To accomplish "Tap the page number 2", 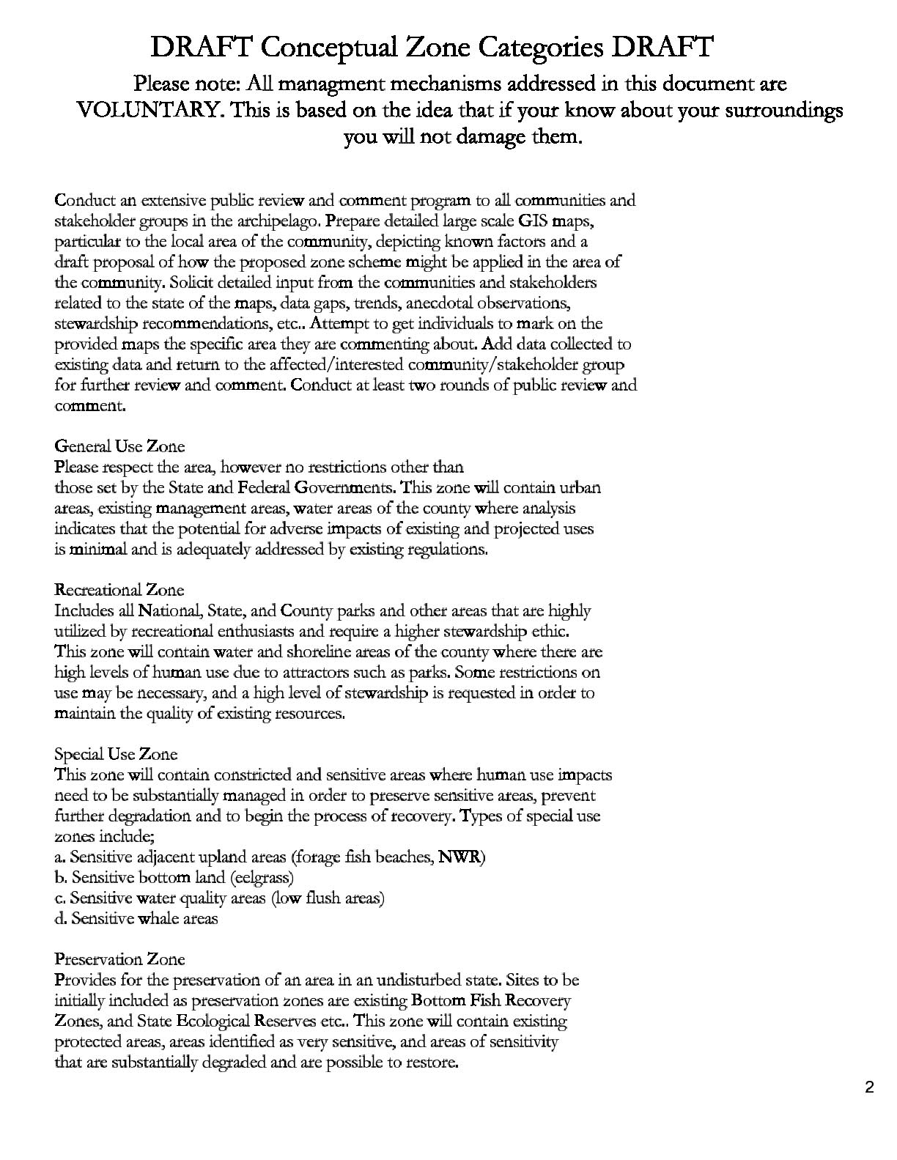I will (x=869, y=1087).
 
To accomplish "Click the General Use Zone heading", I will (x=120, y=446).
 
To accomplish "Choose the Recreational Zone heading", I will (x=119, y=590).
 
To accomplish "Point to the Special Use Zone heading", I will (x=117, y=754).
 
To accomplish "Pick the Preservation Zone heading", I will (x=120, y=959).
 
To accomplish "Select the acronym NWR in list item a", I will (x=460, y=857).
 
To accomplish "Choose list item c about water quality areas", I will (x=220, y=898).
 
